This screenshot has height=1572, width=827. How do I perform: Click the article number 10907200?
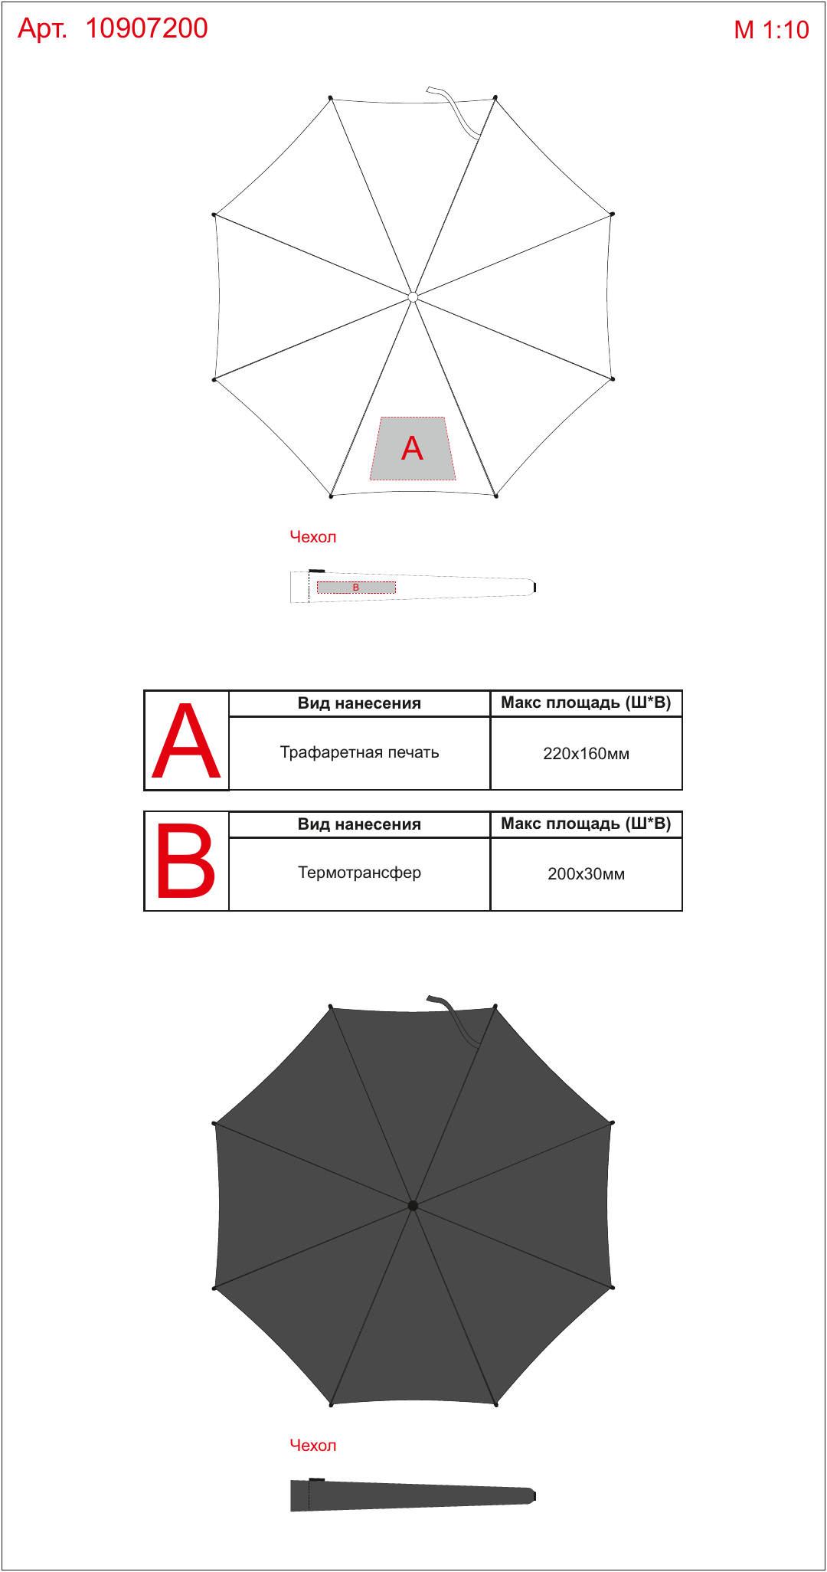[x=146, y=28]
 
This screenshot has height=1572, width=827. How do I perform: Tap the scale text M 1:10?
[x=771, y=30]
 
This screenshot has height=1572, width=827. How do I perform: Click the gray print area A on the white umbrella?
[x=413, y=449]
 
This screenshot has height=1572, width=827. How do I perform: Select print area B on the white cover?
[x=356, y=588]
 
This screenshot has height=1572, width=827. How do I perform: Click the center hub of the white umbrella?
[x=413, y=296]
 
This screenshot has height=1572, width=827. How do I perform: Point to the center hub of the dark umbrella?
[x=413, y=1205]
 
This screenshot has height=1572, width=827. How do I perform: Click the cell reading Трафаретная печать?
[x=359, y=753]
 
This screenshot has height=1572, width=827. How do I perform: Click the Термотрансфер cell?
[x=359, y=873]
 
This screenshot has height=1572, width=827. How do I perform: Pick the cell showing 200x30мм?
[x=587, y=874]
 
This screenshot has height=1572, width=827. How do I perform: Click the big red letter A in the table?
[x=186, y=741]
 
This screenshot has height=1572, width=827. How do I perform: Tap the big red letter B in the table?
[x=185, y=861]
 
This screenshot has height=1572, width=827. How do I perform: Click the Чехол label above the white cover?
[x=312, y=537]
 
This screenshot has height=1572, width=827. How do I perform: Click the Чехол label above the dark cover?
[x=312, y=1446]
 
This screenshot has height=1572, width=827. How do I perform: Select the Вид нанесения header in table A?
[x=359, y=703]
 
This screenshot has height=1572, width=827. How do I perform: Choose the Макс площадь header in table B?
[x=587, y=824]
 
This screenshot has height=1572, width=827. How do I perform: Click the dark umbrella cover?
[x=413, y=1495]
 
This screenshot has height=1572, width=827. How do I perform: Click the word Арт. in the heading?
[x=43, y=29]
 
